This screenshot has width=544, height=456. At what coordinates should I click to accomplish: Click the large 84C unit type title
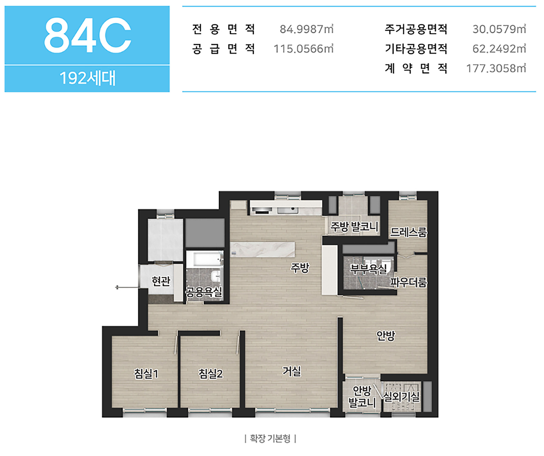pyautogui.click(x=88, y=35)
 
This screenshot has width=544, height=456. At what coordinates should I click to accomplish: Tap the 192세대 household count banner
pyautogui.click(x=87, y=78)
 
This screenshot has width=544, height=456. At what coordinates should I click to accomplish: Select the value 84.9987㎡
pyautogui.click(x=306, y=29)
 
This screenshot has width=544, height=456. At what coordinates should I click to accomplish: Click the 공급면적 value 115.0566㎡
pyautogui.click(x=304, y=49)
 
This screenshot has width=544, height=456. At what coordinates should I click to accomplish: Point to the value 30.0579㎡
pyautogui.click(x=499, y=29)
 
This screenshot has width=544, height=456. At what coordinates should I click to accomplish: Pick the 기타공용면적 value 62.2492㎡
pyautogui.click(x=499, y=49)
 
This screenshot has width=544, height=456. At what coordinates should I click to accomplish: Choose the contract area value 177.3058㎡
pyautogui.click(x=496, y=68)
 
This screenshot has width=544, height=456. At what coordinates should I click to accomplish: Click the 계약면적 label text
pyautogui.click(x=416, y=68)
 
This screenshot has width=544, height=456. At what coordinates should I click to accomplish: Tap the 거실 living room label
pyautogui.click(x=292, y=371)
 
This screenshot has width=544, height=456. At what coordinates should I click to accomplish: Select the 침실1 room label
pyautogui.click(x=146, y=374)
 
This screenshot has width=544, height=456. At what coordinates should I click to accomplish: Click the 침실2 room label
pyautogui.click(x=210, y=374)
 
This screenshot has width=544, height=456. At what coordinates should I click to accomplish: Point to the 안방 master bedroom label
pyautogui.click(x=386, y=336)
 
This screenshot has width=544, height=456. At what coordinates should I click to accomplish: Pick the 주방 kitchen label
pyautogui.click(x=300, y=268)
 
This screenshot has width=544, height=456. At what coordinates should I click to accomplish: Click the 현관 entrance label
pyautogui.click(x=161, y=281)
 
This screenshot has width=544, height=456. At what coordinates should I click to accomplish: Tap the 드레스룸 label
pyautogui.click(x=408, y=232)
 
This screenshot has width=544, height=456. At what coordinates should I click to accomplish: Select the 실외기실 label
pyautogui.click(x=401, y=396)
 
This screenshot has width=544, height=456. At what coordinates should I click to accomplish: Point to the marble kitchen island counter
pyautogui.click(x=262, y=250)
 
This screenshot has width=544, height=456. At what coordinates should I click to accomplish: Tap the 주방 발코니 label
pyautogui.click(x=354, y=227)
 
